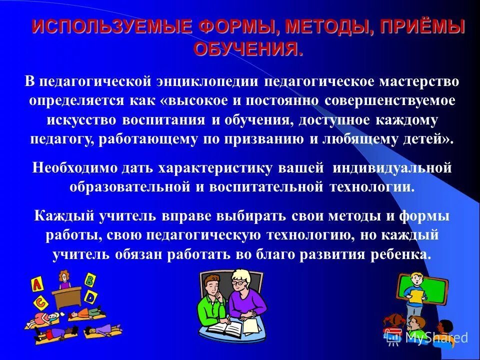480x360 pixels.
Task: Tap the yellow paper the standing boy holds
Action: [x=416, y=295]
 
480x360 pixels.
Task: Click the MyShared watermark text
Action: [x=436, y=337]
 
